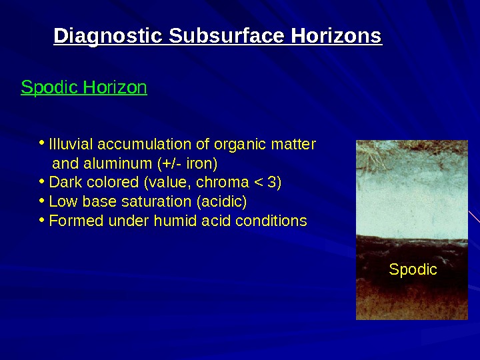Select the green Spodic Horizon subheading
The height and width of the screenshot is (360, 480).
tap(84, 88)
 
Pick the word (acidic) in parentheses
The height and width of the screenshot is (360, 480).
tap(225, 202)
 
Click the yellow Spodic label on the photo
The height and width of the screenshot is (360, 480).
tap(413, 270)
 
